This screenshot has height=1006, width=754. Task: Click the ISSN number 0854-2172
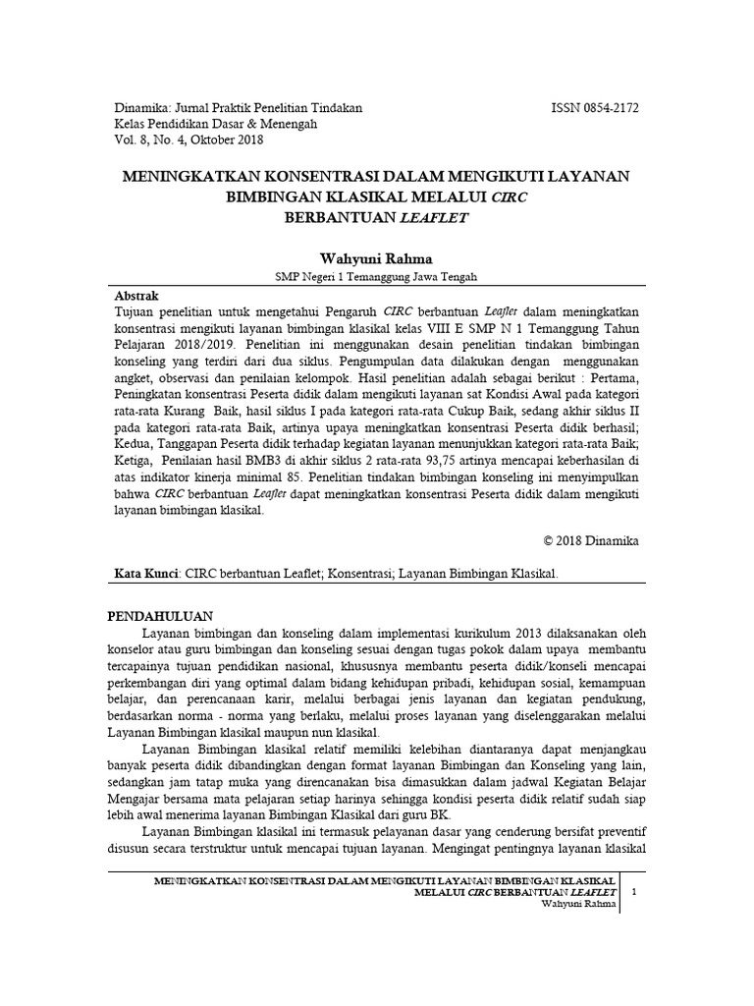pos(612,107)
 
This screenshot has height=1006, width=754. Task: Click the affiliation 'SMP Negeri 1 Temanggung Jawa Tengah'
pos(377,277)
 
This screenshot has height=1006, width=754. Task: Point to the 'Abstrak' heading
pos(136,295)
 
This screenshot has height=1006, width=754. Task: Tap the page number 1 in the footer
pos(633,891)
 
